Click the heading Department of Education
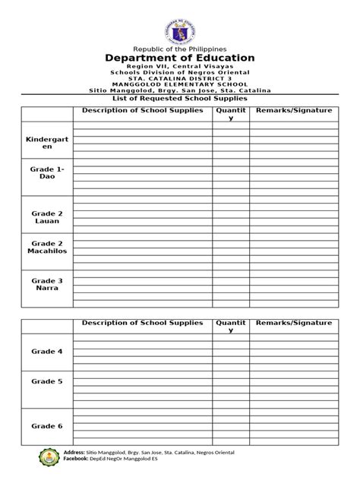tap(180, 58)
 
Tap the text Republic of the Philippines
tap(180, 47)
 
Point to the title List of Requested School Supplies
tap(180, 99)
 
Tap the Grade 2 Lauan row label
tap(46, 216)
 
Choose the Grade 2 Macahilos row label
tap(46, 248)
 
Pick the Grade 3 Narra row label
tap(46, 285)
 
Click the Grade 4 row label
tap(46, 352)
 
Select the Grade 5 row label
tap(46, 381)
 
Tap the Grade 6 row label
tap(46, 426)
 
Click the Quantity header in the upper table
tap(231, 115)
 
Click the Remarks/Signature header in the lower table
tap(294, 323)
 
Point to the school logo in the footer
tap(50, 458)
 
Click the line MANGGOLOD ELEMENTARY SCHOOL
tap(180, 84)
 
